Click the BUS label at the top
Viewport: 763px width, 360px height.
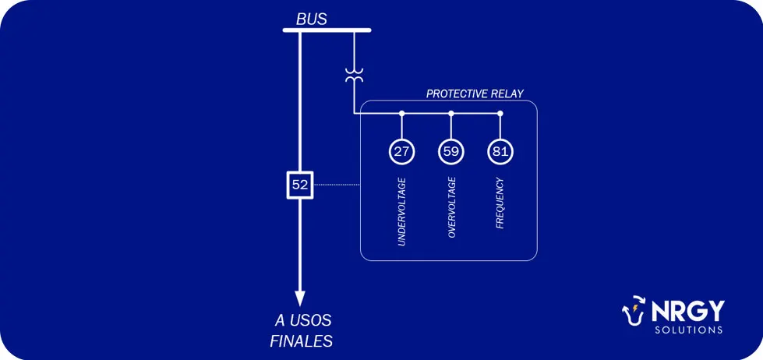pyautogui.click(x=312, y=19)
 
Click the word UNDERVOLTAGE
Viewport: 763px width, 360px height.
pyautogui.click(x=401, y=212)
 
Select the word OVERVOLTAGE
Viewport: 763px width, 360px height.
pyautogui.click(x=451, y=207)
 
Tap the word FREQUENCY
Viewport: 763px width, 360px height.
pyautogui.click(x=500, y=203)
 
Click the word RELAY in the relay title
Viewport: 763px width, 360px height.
pyautogui.click(x=508, y=94)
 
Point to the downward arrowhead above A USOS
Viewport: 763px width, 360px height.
pyautogui.click(x=300, y=298)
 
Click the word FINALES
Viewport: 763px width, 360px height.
pyautogui.click(x=301, y=341)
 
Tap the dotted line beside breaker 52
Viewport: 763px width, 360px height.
pyautogui.click(x=337, y=185)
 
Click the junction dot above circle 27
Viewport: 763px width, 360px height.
pyautogui.click(x=401, y=113)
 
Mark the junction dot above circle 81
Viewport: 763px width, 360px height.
pyautogui.click(x=500, y=113)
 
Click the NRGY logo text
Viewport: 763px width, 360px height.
pyautogui.click(x=687, y=311)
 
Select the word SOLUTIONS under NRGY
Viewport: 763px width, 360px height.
pyautogui.click(x=688, y=330)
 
